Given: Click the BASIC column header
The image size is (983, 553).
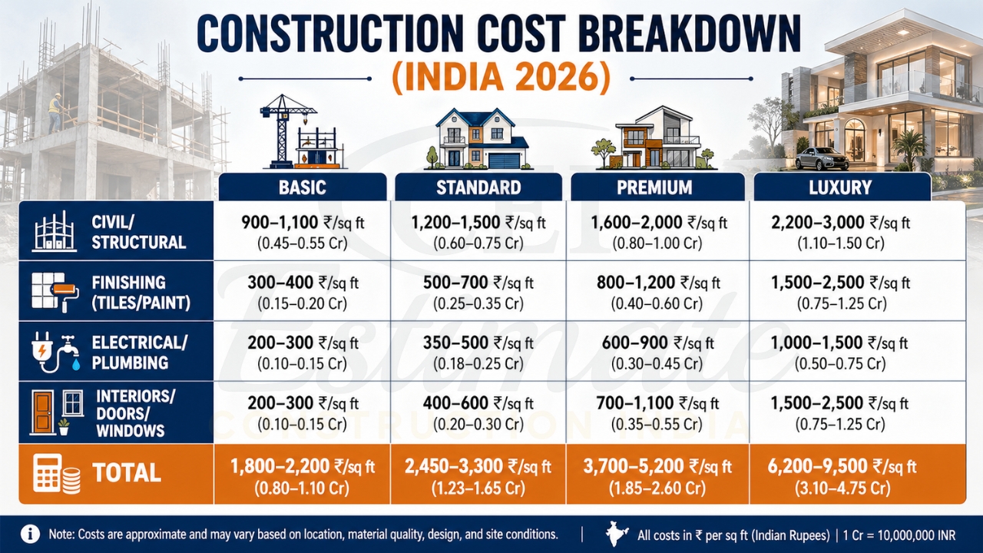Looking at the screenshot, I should pos(303,187).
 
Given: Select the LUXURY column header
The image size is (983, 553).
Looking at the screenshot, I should pos(840,187).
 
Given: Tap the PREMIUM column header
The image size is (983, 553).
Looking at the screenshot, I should pos(654,187).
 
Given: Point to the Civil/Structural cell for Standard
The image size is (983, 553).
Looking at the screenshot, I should pos(478,233).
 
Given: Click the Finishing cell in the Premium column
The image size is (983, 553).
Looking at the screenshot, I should pos(657,292).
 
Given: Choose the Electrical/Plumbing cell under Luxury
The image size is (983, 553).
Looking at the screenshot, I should pos(840,352).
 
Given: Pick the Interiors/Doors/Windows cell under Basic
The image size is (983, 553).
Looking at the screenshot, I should pos(303,412).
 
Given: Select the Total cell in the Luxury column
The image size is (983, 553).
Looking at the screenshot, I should pos(840,475).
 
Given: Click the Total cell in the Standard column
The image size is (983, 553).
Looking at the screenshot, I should pos(478,475).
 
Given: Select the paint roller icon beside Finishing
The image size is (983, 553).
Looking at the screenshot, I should pos(69,294).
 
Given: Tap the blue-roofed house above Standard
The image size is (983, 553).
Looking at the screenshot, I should pos(476,138).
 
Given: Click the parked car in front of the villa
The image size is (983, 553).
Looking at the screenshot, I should pos(821,158).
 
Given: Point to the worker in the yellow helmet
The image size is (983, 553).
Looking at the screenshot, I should pos(55,112).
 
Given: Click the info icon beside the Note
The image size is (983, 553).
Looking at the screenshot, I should pos(30,534).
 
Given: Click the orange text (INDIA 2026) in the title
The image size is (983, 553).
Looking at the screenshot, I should pos(501,78).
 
